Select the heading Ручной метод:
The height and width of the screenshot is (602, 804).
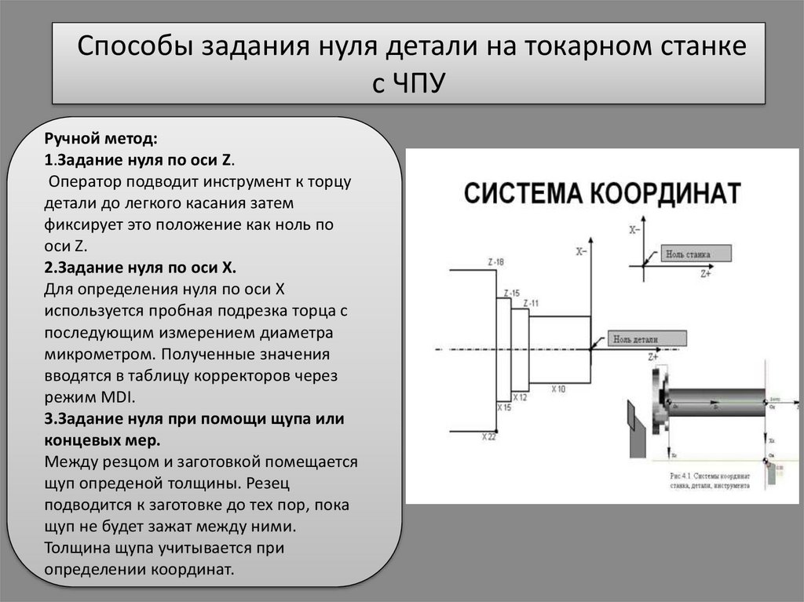[x=101, y=140]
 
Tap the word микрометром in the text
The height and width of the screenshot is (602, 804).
[x=95, y=354]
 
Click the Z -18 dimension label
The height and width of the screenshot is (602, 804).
[x=495, y=261]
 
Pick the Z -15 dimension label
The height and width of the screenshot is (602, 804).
[x=511, y=293]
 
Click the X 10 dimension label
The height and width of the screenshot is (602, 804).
[x=559, y=389]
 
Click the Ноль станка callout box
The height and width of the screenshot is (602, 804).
[x=695, y=254]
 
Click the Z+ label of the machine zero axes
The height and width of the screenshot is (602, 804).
[x=706, y=274]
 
